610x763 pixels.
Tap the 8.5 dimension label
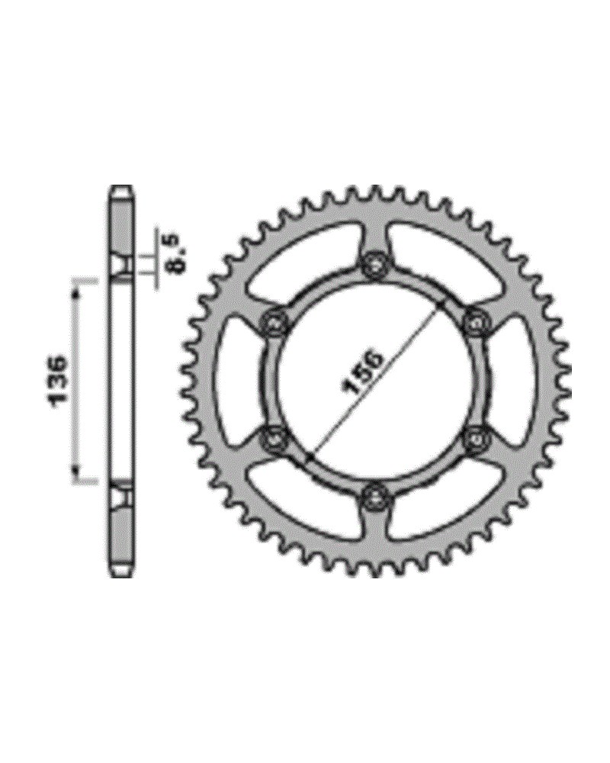(x=179, y=253)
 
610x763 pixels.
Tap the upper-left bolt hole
(x=275, y=322)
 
